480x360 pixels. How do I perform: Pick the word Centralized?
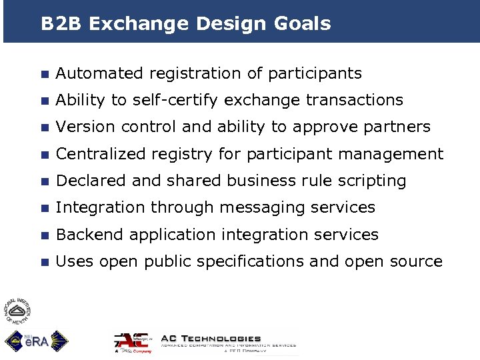point(100,154)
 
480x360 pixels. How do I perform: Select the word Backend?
point(90,235)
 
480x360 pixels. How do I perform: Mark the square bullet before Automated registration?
point(44,74)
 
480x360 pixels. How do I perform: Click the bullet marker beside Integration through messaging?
point(44,209)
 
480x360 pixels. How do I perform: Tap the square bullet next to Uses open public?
point(44,262)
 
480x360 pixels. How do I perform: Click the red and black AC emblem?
point(133,341)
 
